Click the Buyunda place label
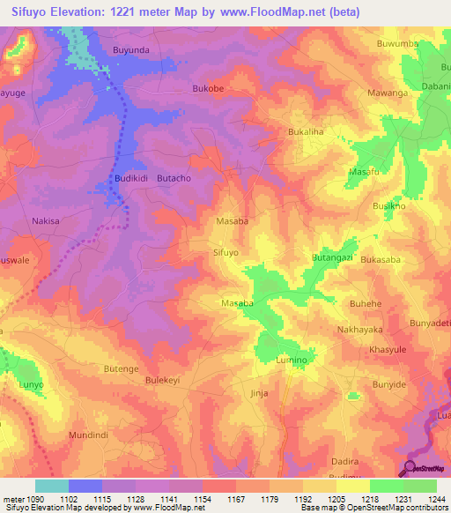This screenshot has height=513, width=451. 132,50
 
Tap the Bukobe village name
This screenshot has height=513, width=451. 209,89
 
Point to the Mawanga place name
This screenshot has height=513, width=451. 388,92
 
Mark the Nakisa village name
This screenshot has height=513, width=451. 45,221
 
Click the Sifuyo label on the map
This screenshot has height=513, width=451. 226,252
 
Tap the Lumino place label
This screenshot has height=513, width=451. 291,361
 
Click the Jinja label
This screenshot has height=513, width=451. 258,393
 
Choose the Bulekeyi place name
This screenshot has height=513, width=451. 162,381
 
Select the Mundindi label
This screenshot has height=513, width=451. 90,435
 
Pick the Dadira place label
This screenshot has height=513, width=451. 344,461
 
